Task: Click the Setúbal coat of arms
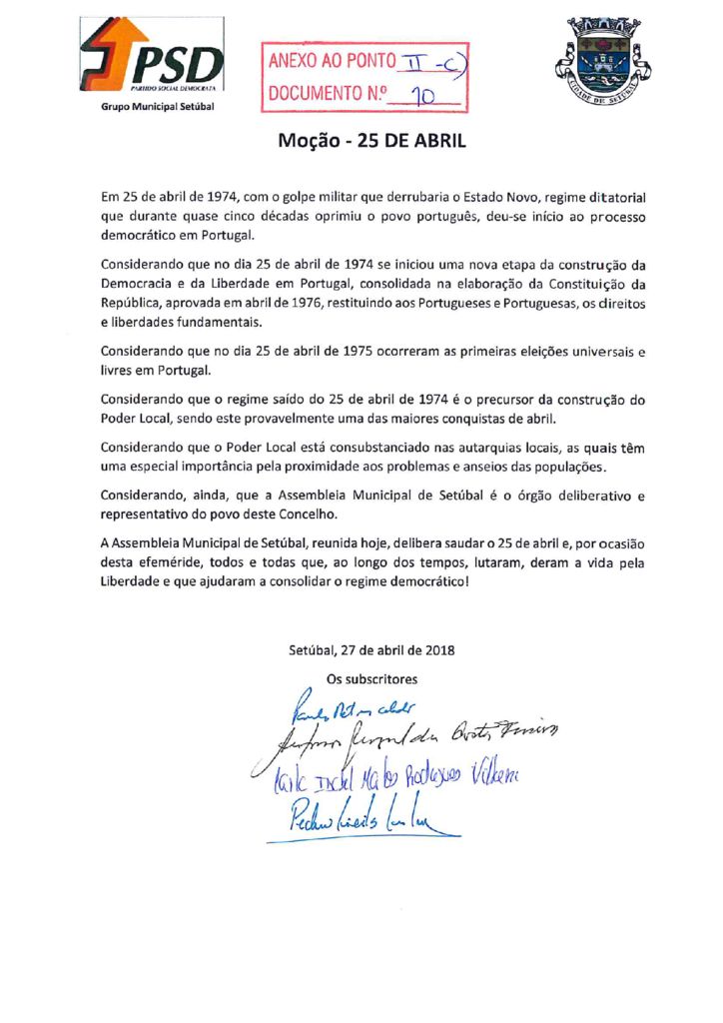(x=602, y=63)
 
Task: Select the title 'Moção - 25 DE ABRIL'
(x=371, y=142)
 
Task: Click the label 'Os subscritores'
(x=372, y=678)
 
